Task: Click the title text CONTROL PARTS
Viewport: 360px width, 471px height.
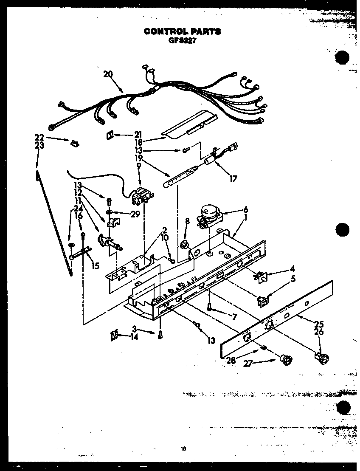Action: click(182, 31)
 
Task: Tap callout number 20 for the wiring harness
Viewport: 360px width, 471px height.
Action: click(108, 74)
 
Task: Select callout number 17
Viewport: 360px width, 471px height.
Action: click(233, 179)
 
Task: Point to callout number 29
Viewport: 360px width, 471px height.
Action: click(135, 214)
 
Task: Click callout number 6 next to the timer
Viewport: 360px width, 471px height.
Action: click(245, 209)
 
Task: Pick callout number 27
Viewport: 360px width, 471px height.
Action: click(247, 363)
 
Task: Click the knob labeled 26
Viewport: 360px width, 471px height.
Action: click(324, 359)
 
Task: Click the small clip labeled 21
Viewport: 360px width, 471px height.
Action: click(109, 135)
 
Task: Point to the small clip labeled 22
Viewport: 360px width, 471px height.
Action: click(74, 143)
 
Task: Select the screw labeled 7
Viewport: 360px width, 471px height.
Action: click(210, 307)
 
